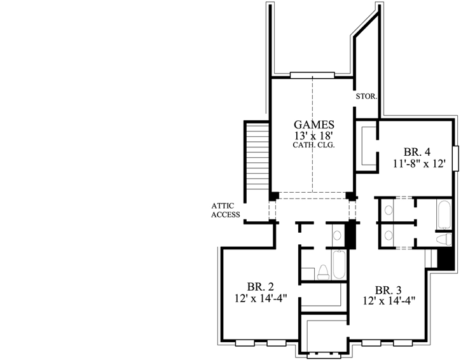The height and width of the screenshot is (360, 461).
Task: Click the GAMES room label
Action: pos(313,124)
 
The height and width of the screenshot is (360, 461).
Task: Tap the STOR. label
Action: pos(368,98)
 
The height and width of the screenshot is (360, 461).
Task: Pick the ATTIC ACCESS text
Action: pos(225,210)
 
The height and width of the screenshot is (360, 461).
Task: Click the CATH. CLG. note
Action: pos(313,145)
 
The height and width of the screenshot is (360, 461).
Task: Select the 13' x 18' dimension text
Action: pos(313,135)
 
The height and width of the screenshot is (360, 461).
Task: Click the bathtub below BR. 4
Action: pos(444,216)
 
